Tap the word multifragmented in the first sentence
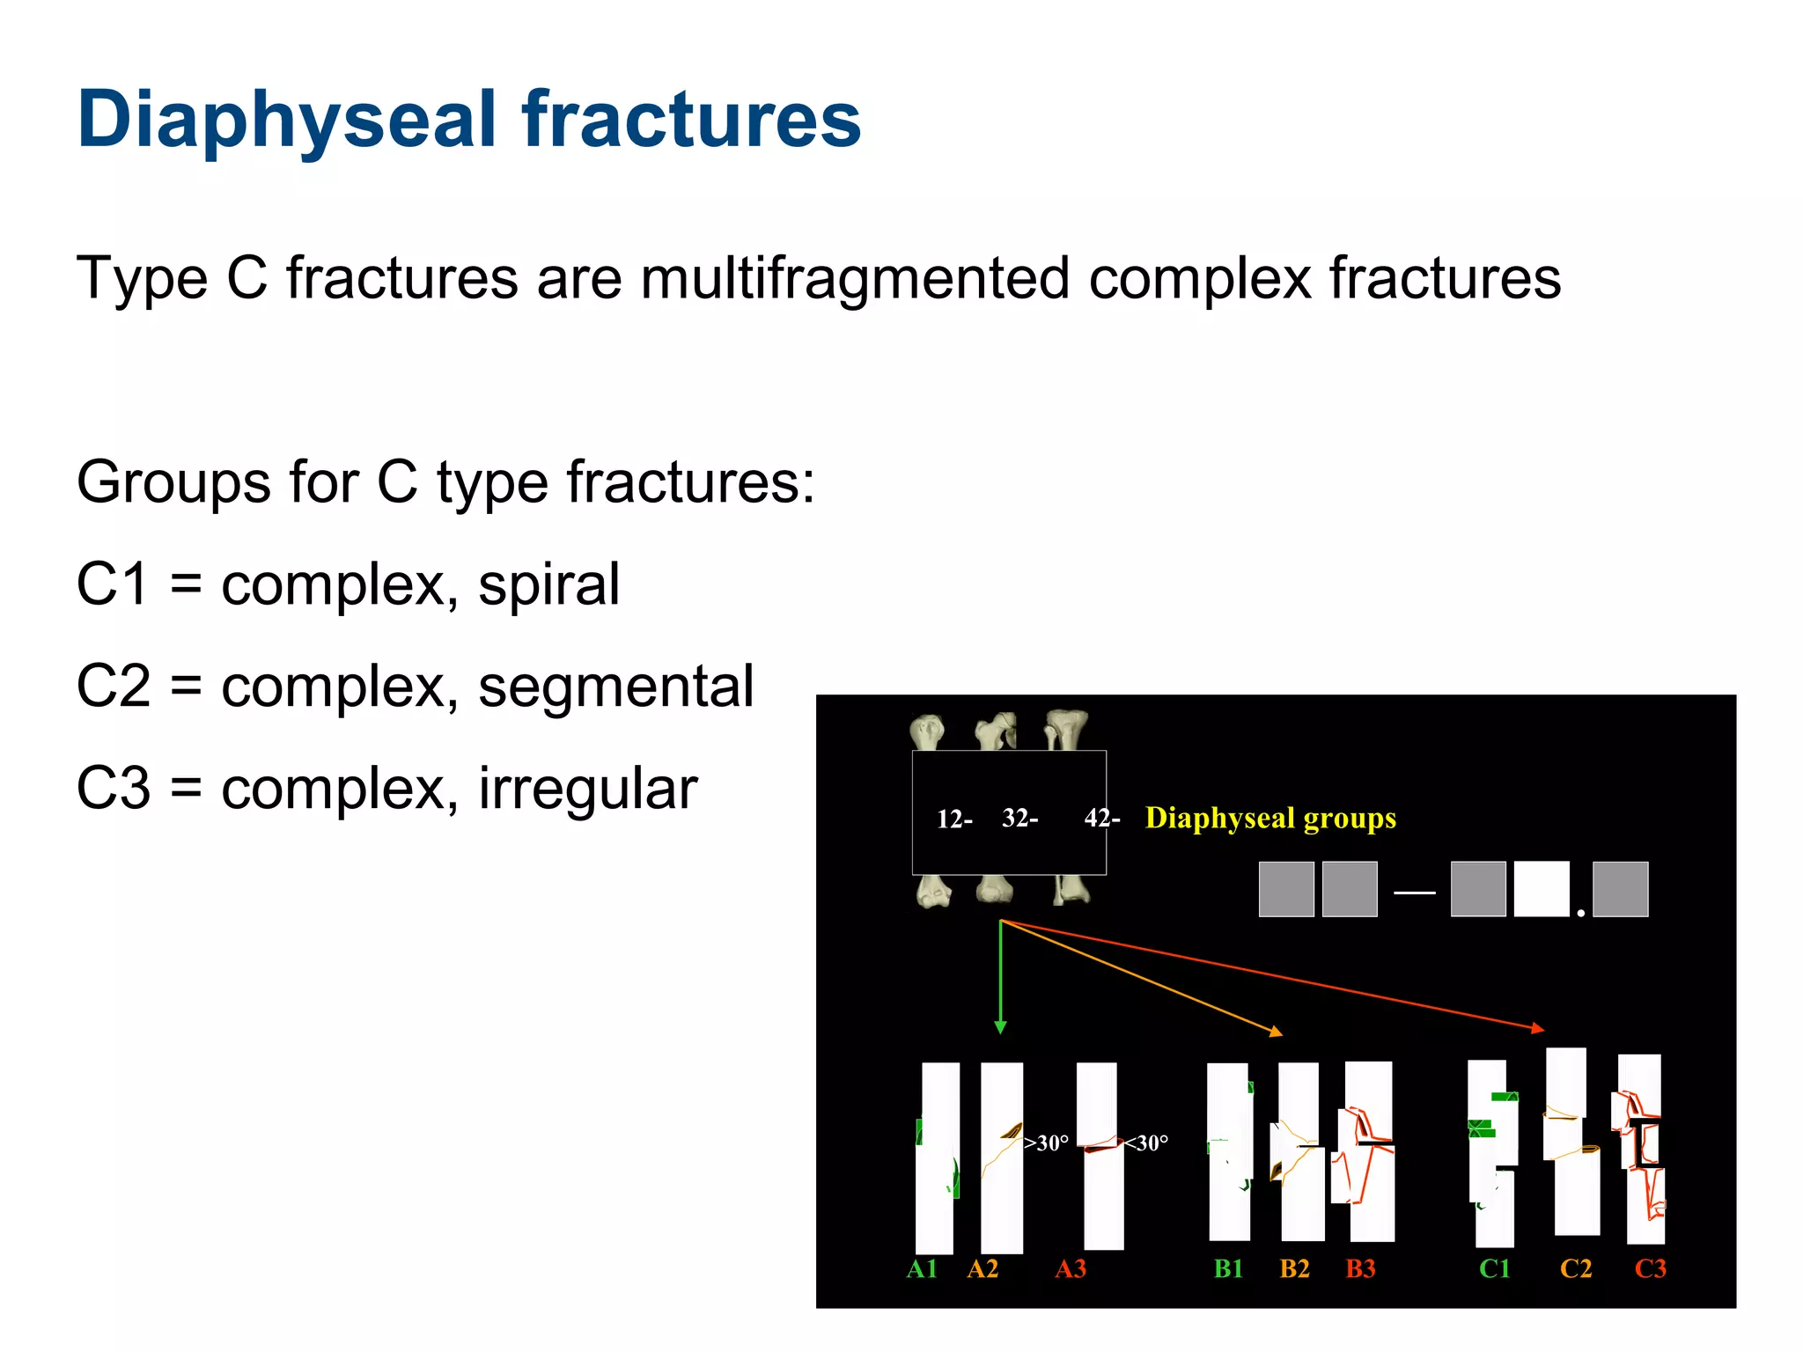pyautogui.click(x=854, y=279)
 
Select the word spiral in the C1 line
pyautogui.click(x=548, y=584)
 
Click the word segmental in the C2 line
pyautogui.click(x=615, y=687)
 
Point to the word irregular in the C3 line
pyautogui.click(x=587, y=789)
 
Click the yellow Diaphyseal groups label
pyautogui.click(x=1270, y=818)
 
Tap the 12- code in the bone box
pyautogui.click(x=954, y=819)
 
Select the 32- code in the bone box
pyautogui.click(x=1020, y=818)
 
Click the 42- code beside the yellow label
pyautogui.click(x=1101, y=818)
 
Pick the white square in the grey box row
pyautogui.click(x=1541, y=889)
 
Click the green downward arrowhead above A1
pyautogui.click(x=1000, y=1026)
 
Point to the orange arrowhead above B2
pyautogui.click(x=1276, y=1031)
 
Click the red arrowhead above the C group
pyautogui.click(x=1537, y=1027)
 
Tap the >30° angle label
pyautogui.click(x=1047, y=1143)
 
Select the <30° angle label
pyautogui.click(x=1146, y=1143)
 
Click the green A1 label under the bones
pyautogui.click(x=922, y=1268)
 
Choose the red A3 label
pyautogui.click(x=1071, y=1268)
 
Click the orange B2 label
pyautogui.click(x=1294, y=1268)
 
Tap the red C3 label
pyautogui.click(x=1650, y=1268)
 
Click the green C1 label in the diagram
pyautogui.click(x=1494, y=1268)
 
